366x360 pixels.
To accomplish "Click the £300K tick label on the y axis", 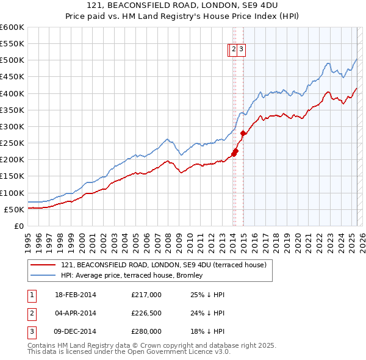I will coord(12,127).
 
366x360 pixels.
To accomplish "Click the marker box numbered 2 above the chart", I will coord(234,51).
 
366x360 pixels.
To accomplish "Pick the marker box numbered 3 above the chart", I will coord(242,51).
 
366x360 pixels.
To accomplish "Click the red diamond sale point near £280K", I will coord(243,133).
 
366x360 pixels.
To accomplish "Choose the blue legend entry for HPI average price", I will coord(135,276).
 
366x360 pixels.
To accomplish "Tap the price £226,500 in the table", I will coord(146,313).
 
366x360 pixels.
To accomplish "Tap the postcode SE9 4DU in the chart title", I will coord(251,5).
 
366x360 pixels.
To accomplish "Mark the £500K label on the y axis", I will coord(12,60).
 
